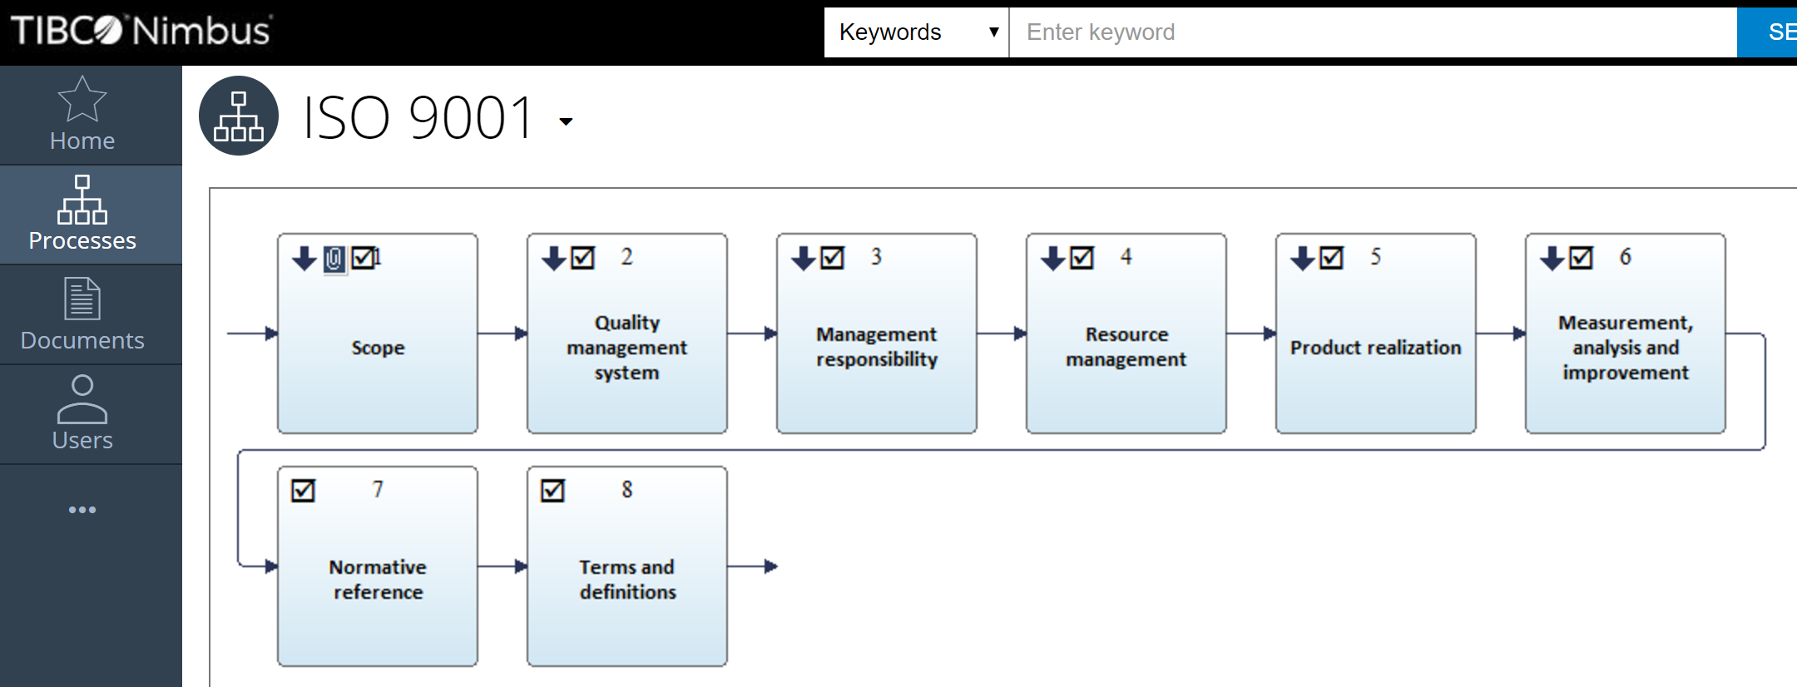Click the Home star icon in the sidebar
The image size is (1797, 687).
(x=82, y=99)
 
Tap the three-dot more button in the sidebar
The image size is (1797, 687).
(x=82, y=510)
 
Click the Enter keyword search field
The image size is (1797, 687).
(x=1373, y=32)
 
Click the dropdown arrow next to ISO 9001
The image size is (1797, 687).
(x=566, y=121)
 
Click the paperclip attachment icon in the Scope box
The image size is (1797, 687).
(x=334, y=259)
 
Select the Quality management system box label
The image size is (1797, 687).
(x=627, y=348)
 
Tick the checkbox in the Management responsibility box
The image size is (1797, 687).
(x=832, y=258)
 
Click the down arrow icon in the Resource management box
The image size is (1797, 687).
(x=1052, y=258)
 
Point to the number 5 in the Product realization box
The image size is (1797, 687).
(x=1376, y=257)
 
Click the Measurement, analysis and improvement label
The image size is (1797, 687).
(x=1626, y=348)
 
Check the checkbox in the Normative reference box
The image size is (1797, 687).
(x=303, y=491)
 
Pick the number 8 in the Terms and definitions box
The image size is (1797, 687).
(x=627, y=490)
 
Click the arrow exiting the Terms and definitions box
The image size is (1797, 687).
(x=753, y=566)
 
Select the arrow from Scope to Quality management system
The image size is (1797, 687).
(x=502, y=334)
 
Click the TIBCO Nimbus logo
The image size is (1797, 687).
(x=141, y=31)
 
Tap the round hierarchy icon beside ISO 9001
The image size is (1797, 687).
(x=239, y=116)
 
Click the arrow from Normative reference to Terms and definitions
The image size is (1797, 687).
(x=502, y=566)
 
